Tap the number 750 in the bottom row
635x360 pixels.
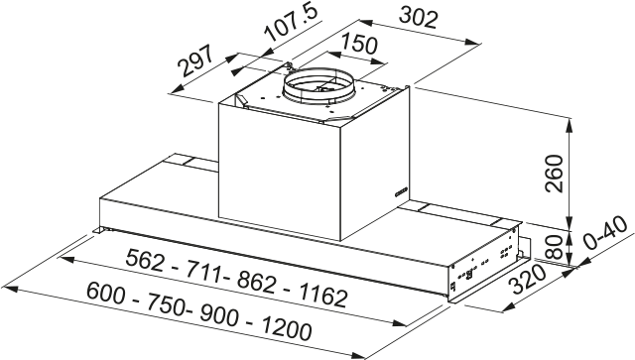click(x=162, y=303)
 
